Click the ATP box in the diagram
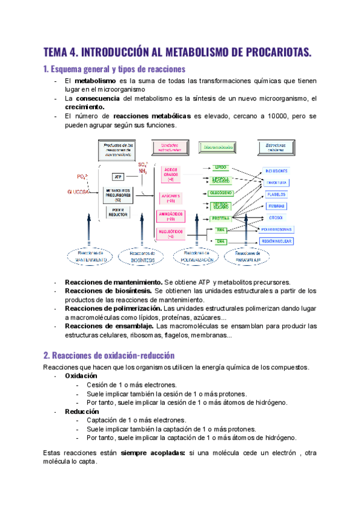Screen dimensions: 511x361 point(119,177)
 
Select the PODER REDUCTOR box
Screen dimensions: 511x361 point(118,212)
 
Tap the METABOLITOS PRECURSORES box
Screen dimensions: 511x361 point(118,193)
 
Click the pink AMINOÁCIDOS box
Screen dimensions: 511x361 point(171,216)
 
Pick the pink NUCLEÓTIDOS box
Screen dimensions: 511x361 point(171,234)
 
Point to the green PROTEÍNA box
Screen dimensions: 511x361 point(220,219)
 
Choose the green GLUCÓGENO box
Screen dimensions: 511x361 point(220,193)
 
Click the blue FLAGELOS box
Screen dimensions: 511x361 point(276,194)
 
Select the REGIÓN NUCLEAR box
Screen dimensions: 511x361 point(276,241)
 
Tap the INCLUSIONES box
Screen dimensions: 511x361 point(277,171)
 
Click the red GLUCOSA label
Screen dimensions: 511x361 point(78,192)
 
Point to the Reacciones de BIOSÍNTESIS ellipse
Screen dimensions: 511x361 point(142,257)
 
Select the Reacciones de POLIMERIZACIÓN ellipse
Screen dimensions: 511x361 point(197,257)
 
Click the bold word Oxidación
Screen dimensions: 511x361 point(81,375)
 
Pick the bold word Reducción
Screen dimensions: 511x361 point(81,410)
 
